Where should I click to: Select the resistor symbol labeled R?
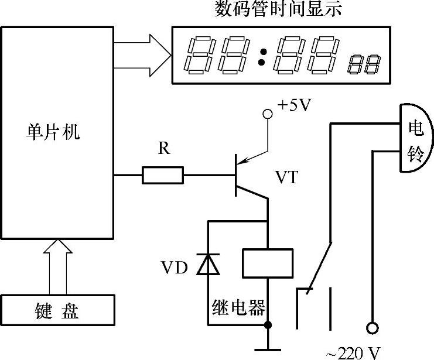click(163, 174)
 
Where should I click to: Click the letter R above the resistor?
click(164, 149)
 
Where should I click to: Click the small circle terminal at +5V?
click(268, 114)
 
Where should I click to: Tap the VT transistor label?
click(285, 177)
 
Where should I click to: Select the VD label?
click(174, 269)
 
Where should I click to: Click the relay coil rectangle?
click(267, 263)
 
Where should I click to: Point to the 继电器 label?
click(239, 307)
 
